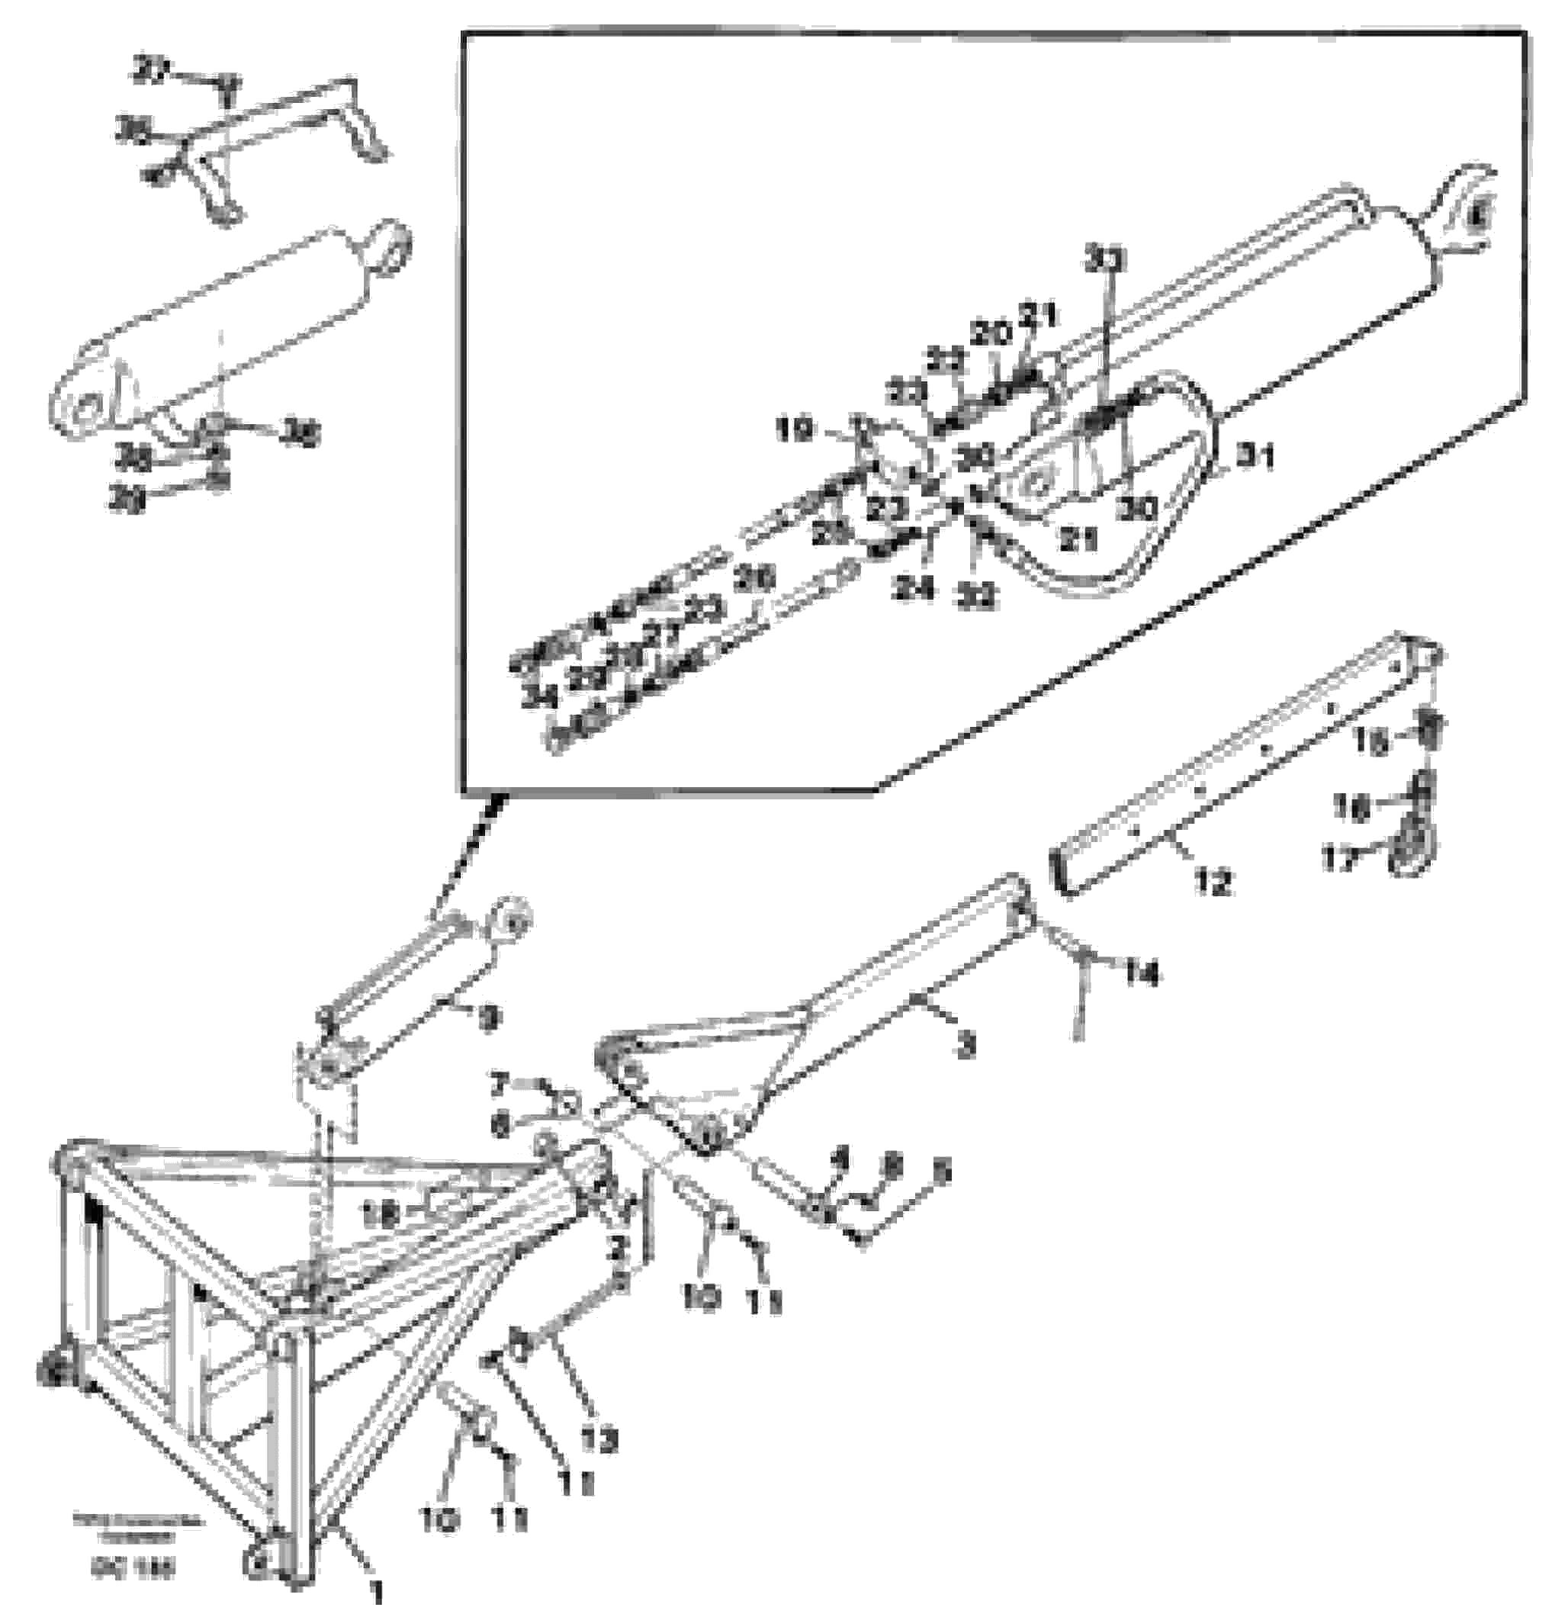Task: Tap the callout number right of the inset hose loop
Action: tap(1254, 456)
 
